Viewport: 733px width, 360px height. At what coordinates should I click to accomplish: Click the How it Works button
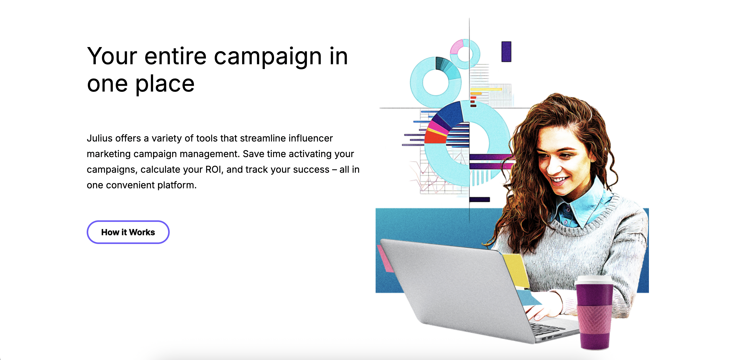pos(128,232)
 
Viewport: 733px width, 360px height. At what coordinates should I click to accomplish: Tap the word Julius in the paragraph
pos(100,138)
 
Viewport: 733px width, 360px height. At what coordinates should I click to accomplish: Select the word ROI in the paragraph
pos(213,170)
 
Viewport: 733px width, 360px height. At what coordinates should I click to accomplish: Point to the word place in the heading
pos(165,85)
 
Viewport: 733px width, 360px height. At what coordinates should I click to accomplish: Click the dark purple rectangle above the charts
pos(506,52)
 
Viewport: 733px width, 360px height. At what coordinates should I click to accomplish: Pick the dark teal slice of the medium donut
pos(440,63)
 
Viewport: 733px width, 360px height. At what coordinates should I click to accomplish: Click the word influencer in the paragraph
pos(311,138)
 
